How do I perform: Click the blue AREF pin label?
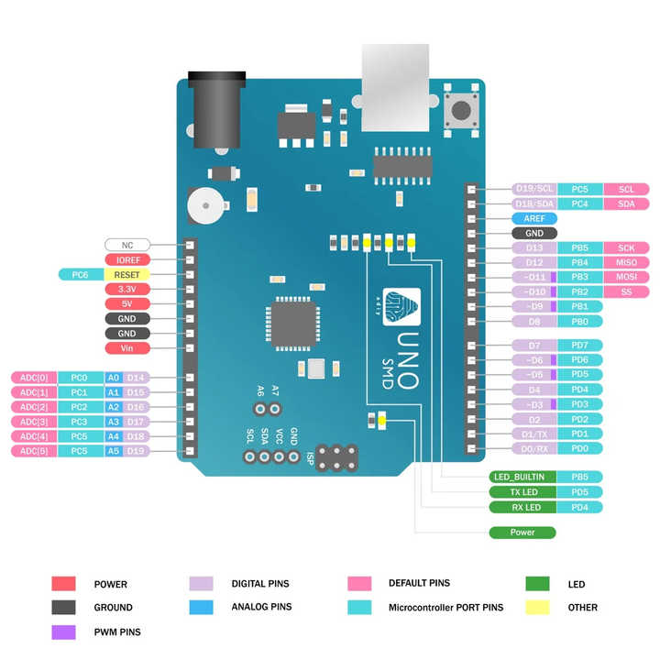pyautogui.click(x=533, y=219)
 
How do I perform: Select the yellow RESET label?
pyautogui.click(x=126, y=274)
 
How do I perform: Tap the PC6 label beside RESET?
pyautogui.click(x=80, y=274)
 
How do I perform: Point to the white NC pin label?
pyautogui.click(x=126, y=245)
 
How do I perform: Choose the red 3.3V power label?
pyautogui.click(x=126, y=289)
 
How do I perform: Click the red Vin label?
pyautogui.click(x=126, y=348)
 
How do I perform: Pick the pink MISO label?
pyautogui.click(x=626, y=262)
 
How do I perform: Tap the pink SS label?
pyautogui.click(x=626, y=291)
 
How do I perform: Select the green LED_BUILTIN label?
pyautogui.click(x=521, y=477)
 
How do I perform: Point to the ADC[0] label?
pyautogui.click(x=33, y=378)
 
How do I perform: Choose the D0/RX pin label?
pyautogui.click(x=533, y=448)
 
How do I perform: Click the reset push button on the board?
pyautogui.click(x=460, y=111)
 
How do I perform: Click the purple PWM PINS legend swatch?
pyautogui.click(x=63, y=631)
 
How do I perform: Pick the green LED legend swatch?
pyautogui.click(x=537, y=583)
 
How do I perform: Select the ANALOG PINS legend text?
pyautogui.click(x=261, y=607)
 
